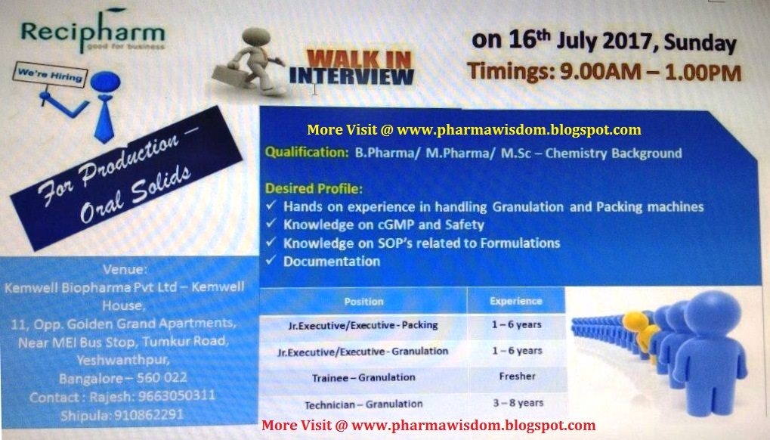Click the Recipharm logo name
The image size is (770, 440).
pos(91,33)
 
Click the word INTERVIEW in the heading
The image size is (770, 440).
pos(351,76)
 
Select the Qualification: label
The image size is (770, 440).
pos(306,153)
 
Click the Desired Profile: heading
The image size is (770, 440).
pos(314,188)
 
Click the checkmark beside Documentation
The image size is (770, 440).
pos(272,262)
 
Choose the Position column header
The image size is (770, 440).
pos(363,301)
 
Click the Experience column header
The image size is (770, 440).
pos(515,301)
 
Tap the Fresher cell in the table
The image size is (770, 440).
pos(517,376)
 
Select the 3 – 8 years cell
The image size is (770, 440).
pos(516,402)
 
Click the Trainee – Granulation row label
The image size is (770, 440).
pos(363,376)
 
